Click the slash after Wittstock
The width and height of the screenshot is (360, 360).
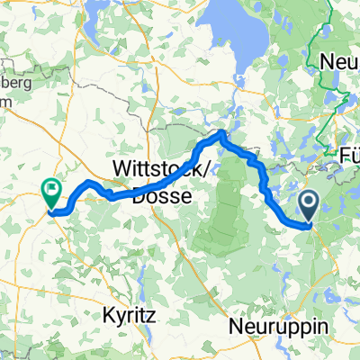tap(195, 169)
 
